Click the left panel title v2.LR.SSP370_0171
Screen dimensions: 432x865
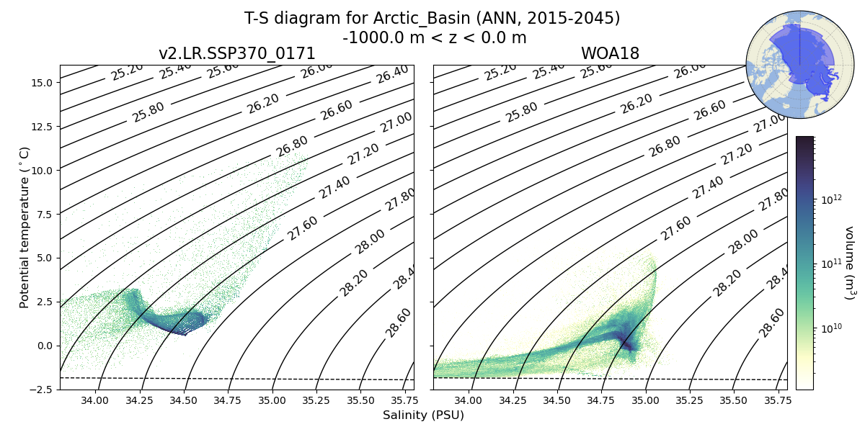pyautogui.click(x=236, y=54)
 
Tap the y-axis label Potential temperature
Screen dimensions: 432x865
pyautogui.click(x=25, y=227)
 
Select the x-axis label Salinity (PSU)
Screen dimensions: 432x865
pyautogui.click(x=423, y=415)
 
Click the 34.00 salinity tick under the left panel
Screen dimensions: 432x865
pyautogui.click(x=94, y=400)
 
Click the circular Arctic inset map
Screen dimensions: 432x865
pyautogui.click(x=790, y=65)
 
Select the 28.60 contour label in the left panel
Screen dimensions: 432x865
pyautogui.click(x=398, y=322)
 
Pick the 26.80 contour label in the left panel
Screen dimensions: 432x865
pyautogui.click(x=292, y=145)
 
